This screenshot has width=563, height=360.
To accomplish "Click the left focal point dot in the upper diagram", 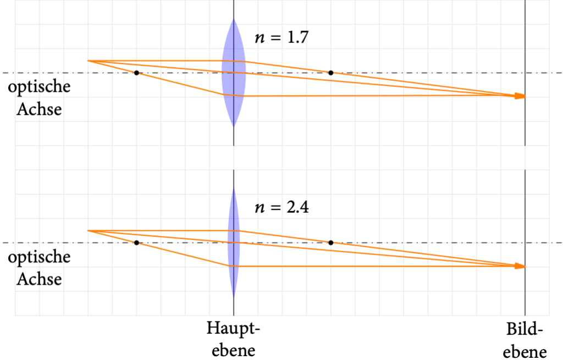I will click(136, 73).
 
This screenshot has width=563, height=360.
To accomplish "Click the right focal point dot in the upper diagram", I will click(330, 73).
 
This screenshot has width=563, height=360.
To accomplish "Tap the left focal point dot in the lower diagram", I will click(136, 242).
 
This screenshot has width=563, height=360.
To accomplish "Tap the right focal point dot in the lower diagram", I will click(330, 242).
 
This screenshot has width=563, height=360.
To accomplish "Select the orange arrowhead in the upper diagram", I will click(520, 96).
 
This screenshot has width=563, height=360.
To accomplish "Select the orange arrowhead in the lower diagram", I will click(520, 266).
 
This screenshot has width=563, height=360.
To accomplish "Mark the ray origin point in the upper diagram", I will click(88, 60).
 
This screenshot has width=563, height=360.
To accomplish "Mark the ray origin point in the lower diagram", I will click(88, 230).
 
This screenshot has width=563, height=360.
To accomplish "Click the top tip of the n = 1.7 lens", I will click(234, 20).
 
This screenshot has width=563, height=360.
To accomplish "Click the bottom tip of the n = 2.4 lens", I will click(234, 297).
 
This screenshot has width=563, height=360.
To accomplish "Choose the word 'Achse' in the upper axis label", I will click(39, 109).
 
